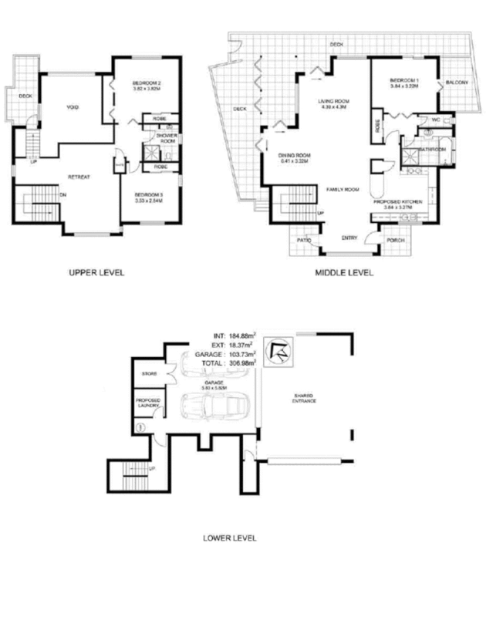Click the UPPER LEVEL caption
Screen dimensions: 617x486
point(96,272)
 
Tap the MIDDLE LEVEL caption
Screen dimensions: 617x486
point(345,272)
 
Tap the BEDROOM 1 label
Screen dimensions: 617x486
point(403,80)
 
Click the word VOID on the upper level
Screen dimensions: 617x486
point(75,106)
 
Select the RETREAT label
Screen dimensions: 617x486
point(79,177)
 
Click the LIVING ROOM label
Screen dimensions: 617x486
point(334,101)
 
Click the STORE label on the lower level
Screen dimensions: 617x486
point(150,374)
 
